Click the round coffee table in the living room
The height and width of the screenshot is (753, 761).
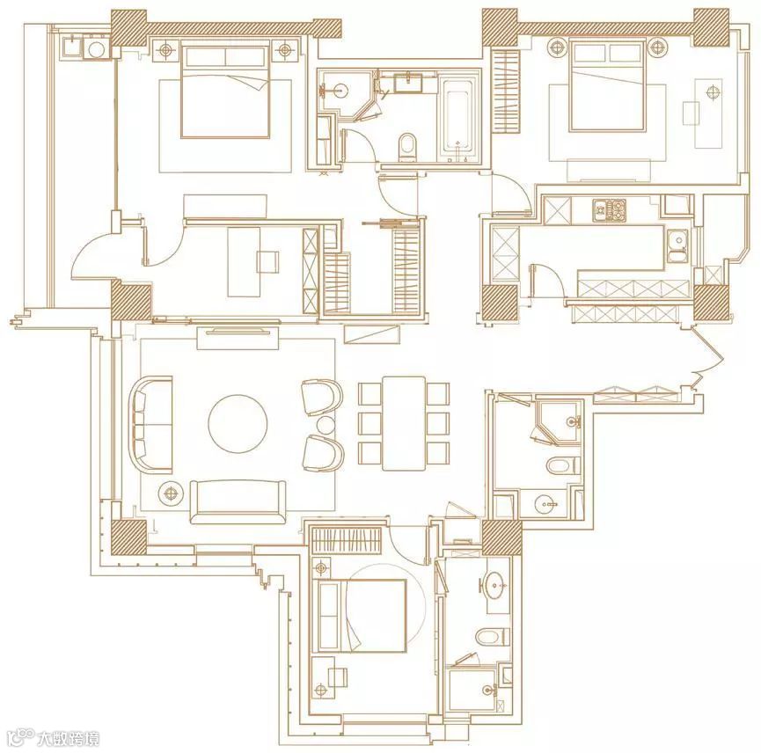(x=238, y=423)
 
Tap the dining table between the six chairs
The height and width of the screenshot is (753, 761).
(x=404, y=423)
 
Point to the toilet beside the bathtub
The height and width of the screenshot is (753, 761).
(x=407, y=147)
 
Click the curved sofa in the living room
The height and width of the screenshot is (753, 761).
(x=150, y=425)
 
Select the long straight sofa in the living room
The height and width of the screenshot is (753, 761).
(x=238, y=501)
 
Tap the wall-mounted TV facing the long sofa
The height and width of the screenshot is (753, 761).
(x=238, y=332)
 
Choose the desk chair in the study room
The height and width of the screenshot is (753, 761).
(x=268, y=261)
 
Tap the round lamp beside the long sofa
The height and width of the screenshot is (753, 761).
(x=171, y=493)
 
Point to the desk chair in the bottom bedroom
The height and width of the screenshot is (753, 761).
(x=338, y=676)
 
